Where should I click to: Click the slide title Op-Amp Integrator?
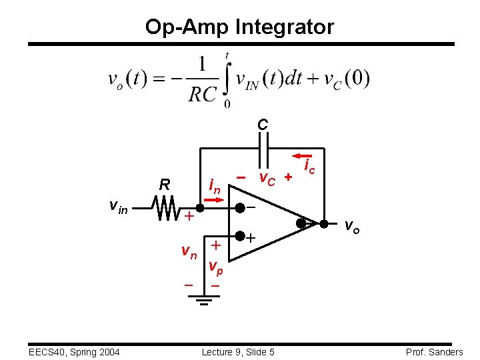[x=240, y=27]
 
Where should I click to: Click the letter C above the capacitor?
[x=263, y=125]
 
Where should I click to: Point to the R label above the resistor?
[x=164, y=185]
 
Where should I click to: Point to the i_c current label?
[x=309, y=167]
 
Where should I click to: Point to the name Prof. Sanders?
[x=433, y=352]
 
